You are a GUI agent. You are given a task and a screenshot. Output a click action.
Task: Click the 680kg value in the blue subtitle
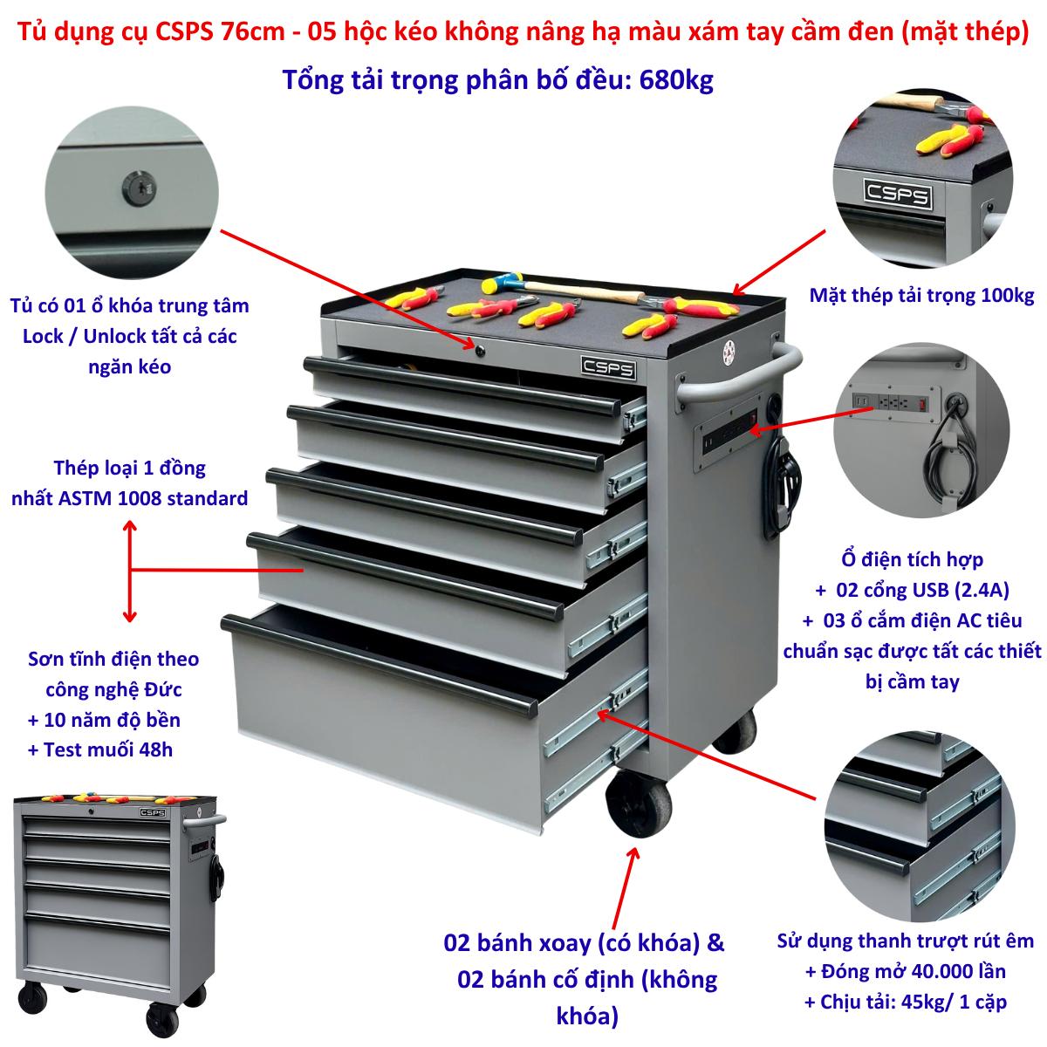tap(676, 80)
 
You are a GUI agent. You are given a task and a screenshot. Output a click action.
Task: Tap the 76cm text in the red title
tap(253, 31)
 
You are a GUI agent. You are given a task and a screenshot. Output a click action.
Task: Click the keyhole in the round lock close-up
tap(138, 188)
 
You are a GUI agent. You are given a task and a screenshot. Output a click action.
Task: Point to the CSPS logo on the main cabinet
tap(608, 368)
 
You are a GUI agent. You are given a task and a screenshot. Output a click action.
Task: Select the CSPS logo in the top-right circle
tap(898, 194)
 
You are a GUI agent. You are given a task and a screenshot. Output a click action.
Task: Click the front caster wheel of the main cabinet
tap(639, 804)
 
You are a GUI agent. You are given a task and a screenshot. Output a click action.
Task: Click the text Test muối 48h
tap(108, 749)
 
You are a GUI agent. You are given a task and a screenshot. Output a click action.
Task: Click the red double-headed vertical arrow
tap(129, 571)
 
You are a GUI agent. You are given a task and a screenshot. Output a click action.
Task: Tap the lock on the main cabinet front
tap(480, 351)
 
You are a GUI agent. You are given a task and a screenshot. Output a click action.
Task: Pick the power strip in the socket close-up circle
tap(896, 401)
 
